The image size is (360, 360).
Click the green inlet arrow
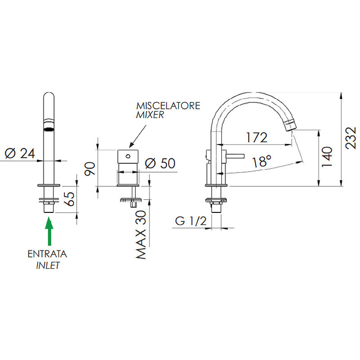49,231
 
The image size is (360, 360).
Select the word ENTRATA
47,254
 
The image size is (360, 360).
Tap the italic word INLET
48,265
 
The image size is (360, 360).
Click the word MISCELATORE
168,106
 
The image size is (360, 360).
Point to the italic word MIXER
150,115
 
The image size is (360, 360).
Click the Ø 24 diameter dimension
20,153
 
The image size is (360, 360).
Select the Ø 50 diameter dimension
160,163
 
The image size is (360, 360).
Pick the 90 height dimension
90,169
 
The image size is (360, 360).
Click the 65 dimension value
69,199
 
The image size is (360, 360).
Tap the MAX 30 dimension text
141,235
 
